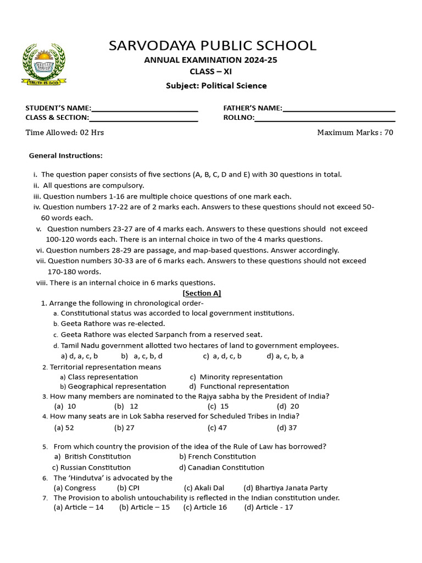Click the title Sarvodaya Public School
point(212,45)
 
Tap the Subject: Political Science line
point(216,85)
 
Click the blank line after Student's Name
point(145,109)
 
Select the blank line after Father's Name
point(338,109)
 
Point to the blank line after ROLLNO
point(325,118)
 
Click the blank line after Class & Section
point(143,118)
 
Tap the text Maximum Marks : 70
point(355,133)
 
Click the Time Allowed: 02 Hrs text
point(65,133)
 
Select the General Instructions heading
point(65,156)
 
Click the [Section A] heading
point(202,293)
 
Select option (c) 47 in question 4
point(217,427)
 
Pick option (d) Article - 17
point(269,507)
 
